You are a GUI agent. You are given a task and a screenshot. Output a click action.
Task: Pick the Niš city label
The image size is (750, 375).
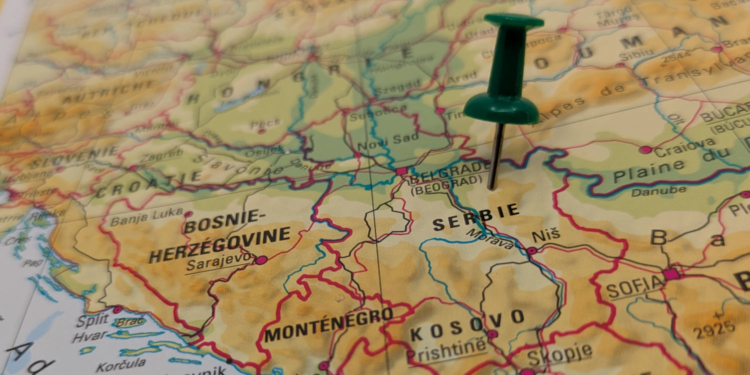click(545, 234)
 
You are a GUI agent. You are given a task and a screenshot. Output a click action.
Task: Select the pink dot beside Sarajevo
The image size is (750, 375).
click(261, 260)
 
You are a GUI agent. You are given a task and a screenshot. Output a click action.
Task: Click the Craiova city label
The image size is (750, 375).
click(684, 146)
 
